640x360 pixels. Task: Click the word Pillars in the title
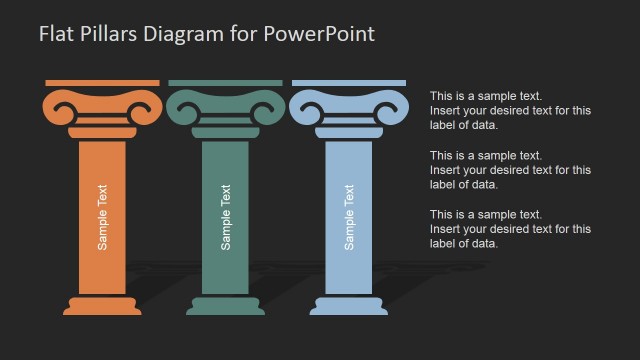106,33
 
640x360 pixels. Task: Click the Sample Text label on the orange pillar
102,215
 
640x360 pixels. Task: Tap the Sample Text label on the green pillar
226,215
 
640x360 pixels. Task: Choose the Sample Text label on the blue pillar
349,215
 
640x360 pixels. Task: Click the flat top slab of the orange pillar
102,83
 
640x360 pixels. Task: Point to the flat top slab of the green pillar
226,83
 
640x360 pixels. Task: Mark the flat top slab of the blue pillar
349,83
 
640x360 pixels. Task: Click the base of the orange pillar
102,305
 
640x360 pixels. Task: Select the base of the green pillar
226,305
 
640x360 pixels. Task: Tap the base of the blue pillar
349,305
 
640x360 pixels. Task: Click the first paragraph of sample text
509,110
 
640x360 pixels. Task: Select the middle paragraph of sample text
509,169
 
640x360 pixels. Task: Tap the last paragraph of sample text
509,228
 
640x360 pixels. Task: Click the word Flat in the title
55,33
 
